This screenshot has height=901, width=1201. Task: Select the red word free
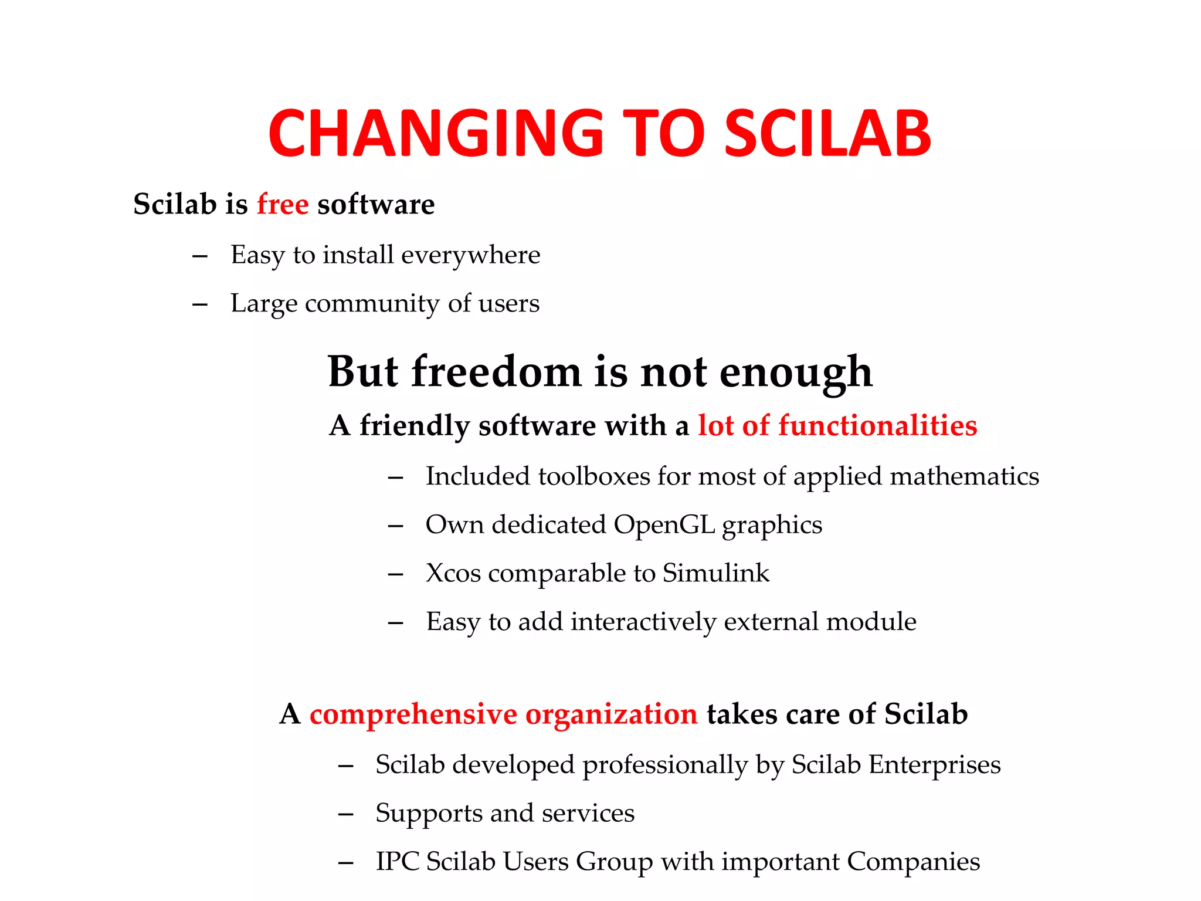tap(283, 204)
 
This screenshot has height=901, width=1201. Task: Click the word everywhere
tap(470, 255)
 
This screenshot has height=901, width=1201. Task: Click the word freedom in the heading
tap(496, 371)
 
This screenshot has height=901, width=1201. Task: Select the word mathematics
tap(964, 476)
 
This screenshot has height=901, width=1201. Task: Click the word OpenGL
tap(664, 524)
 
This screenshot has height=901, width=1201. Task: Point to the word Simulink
tap(715, 573)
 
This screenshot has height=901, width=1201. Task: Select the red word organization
tap(611, 714)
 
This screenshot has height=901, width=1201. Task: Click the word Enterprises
tap(934, 764)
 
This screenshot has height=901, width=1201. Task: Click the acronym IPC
tap(398, 862)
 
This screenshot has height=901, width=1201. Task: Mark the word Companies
tap(913, 862)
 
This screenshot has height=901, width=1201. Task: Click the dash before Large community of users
tap(199, 304)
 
